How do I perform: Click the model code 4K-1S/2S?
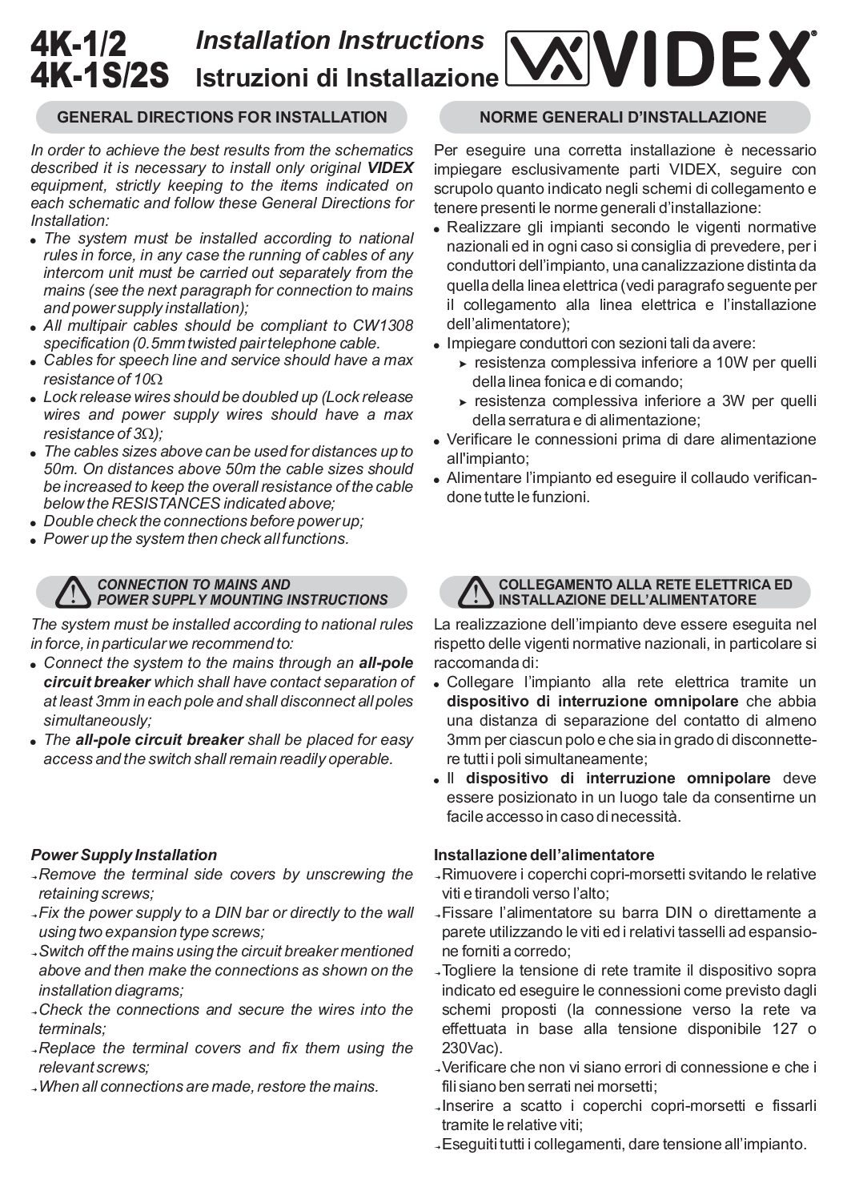click(100, 75)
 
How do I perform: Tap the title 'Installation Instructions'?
click(339, 40)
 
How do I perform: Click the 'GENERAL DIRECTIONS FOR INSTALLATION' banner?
click(222, 118)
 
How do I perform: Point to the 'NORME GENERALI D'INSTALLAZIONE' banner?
click(624, 118)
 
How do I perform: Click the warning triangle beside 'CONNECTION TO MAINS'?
click(73, 592)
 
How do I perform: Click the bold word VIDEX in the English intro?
click(391, 167)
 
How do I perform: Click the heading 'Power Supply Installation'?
click(124, 855)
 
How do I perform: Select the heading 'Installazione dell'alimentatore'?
click(544, 855)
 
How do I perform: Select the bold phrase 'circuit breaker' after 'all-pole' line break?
click(97, 682)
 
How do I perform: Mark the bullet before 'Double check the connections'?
click(34, 523)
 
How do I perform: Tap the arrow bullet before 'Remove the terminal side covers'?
click(34, 876)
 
